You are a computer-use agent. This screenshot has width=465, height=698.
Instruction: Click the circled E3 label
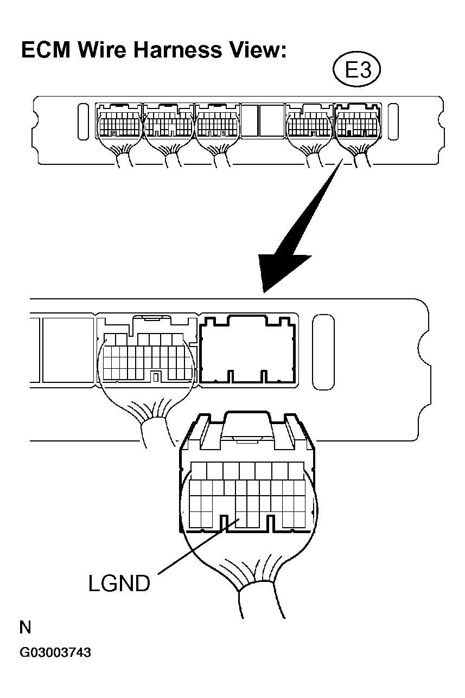click(x=357, y=71)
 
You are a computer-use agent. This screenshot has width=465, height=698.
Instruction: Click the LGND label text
click(x=119, y=584)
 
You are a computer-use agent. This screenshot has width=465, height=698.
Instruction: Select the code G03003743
click(x=55, y=652)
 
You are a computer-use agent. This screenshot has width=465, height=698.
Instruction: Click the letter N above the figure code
click(x=25, y=628)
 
